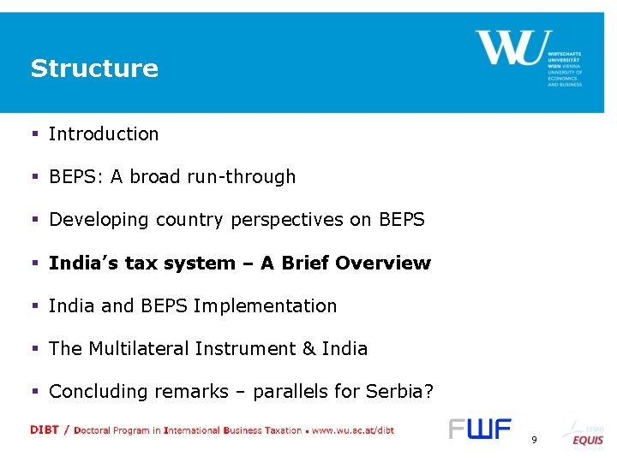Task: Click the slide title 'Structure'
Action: pyautogui.click(x=94, y=68)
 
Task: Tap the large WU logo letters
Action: pyautogui.click(x=508, y=48)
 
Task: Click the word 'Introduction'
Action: pyautogui.click(x=104, y=134)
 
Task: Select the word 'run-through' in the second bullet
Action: pyautogui.click(x=254, y=177)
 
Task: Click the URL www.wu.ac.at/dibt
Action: pyautogui.click(x=352, y=430)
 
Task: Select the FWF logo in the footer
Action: pyautogui.click(x=480, y=429)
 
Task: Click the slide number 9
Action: pyautogui.click(x=534, y=439)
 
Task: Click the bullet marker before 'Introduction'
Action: pyautogui.click(x=35, y=134)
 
